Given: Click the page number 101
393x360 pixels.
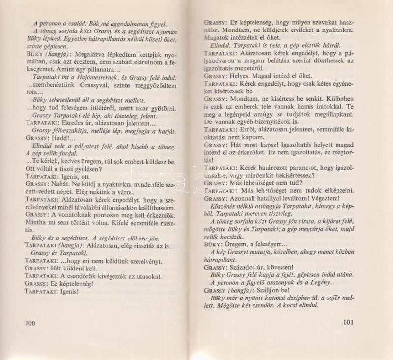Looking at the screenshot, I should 346,323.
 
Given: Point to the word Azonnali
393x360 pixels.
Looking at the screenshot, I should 246,198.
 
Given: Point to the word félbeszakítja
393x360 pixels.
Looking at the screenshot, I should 64,130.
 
